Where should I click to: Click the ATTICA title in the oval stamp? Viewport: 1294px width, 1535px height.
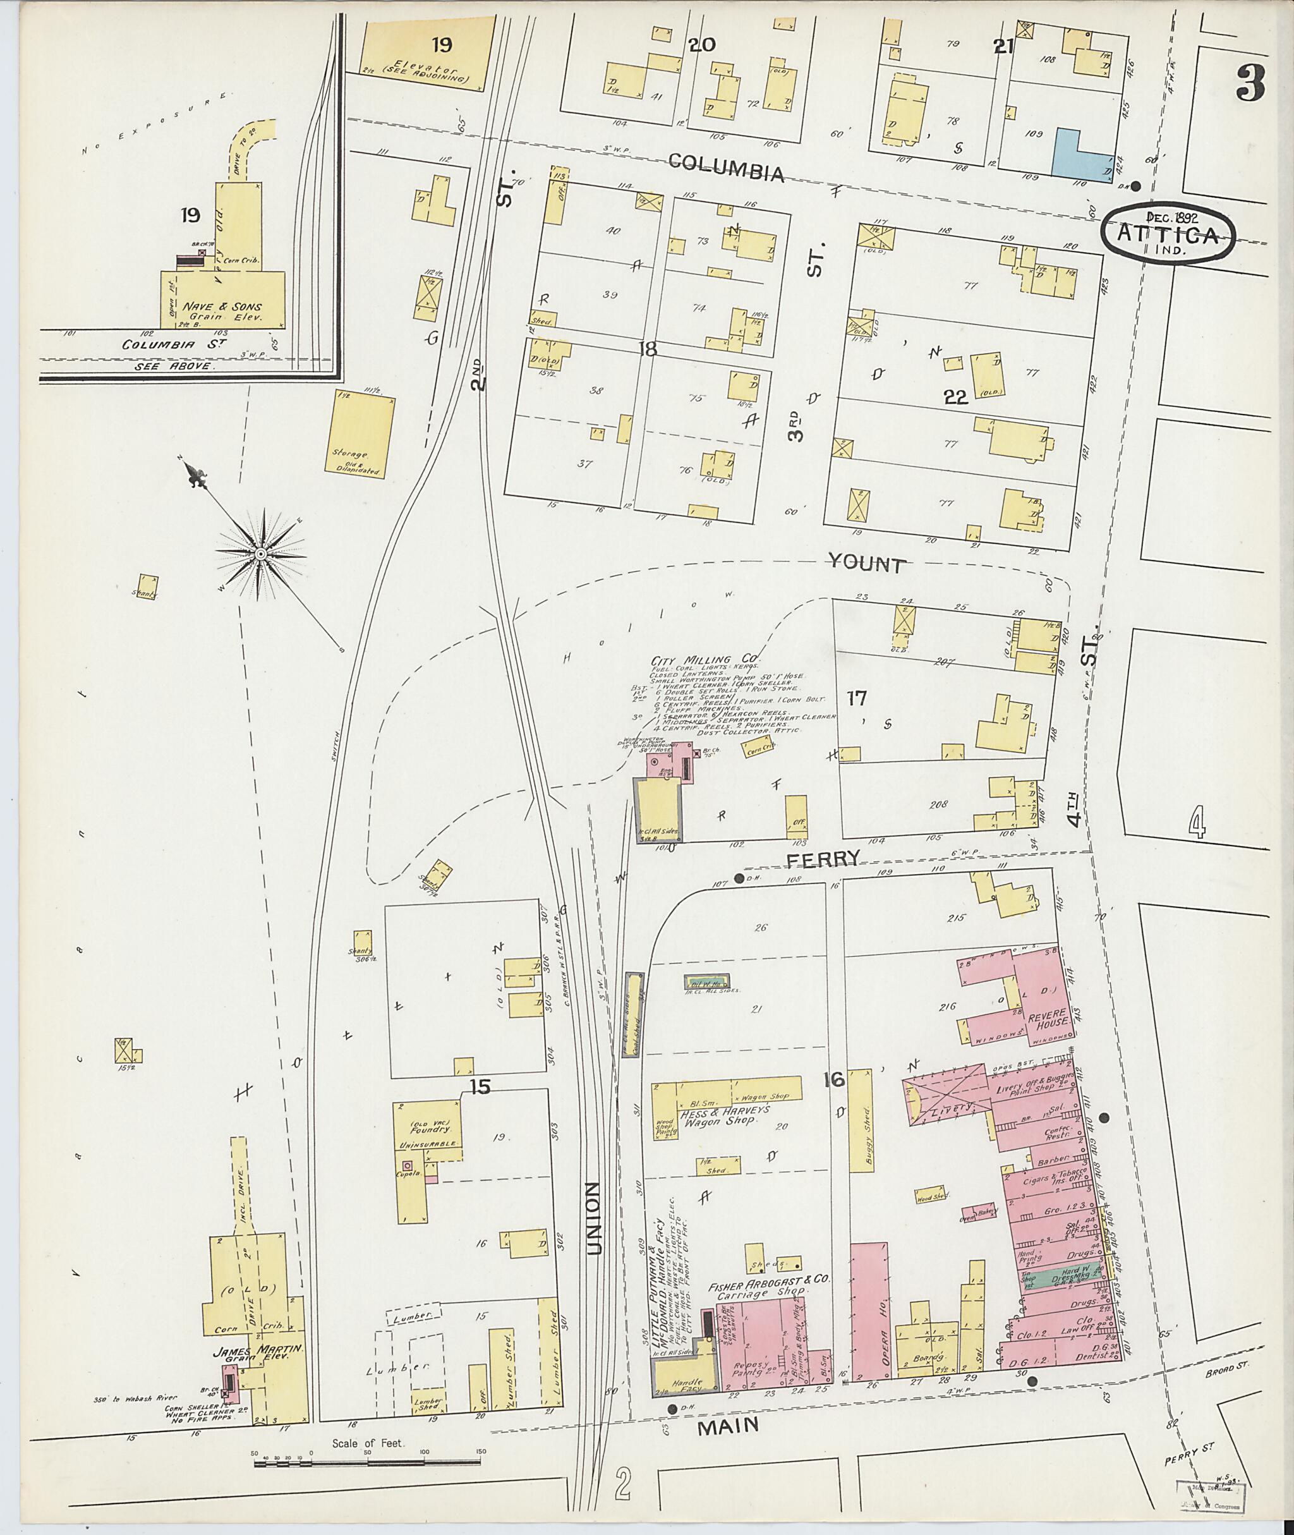(1167, 235)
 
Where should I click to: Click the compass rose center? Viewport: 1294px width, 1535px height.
(260, 552)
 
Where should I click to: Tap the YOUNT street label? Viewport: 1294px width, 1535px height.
(866, 564)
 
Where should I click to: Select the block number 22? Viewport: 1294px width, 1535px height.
(956, 397)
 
